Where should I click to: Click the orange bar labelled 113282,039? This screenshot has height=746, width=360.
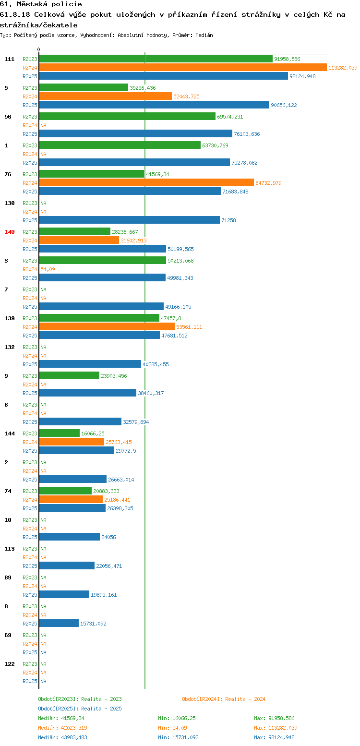(183, 68)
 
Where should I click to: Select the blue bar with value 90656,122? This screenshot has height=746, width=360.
(154, 105)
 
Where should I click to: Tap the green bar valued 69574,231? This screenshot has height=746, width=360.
(127, 117)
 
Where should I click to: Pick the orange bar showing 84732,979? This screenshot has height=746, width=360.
(146, 183)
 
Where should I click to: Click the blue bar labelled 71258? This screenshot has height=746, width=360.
(130, 220)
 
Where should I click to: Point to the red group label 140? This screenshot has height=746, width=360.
(9, 232)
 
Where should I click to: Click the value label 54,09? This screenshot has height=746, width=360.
(48, 269)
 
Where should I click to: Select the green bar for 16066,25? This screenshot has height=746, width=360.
(59, 433)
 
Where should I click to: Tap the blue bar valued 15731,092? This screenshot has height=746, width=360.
(59, 624)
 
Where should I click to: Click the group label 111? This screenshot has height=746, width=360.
(9, 59)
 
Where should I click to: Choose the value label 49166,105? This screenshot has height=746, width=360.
(178, 307)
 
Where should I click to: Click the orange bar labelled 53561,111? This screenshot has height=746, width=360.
(107, 327)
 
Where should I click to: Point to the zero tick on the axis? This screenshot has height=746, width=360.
(38, 49)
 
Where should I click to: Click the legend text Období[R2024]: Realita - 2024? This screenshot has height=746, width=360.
(224, 699)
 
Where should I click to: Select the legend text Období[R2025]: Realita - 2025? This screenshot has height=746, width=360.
(80, 709)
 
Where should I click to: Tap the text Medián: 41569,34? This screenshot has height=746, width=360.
(61, 718)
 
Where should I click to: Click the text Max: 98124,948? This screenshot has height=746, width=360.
(274, 737)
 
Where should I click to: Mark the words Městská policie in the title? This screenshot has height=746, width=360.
(49, 4)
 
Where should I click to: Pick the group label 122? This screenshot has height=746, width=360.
(9, 664)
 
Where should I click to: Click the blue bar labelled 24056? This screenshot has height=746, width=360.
(70, 537)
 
